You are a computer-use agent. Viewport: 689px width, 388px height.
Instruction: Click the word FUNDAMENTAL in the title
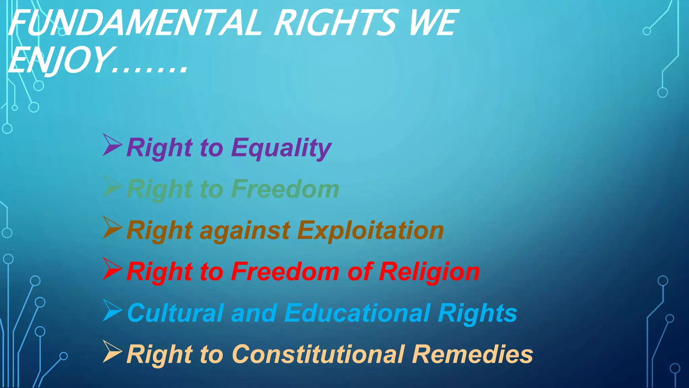(135, 23)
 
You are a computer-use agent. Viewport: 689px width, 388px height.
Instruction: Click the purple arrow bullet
(112, 145)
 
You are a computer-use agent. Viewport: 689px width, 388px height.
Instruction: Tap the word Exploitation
(370, 231)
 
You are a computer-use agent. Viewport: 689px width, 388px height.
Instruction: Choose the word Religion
(429, 272)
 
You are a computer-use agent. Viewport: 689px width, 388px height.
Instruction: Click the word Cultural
(175, 313)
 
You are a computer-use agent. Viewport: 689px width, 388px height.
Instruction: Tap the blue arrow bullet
(112, 310)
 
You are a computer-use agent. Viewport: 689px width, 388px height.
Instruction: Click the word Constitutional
(318, 354)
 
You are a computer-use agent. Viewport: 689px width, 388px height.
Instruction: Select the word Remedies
(472, 354)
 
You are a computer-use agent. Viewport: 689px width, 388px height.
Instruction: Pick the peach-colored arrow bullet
(112, 352)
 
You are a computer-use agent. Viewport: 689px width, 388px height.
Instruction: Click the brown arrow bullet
(112, 228)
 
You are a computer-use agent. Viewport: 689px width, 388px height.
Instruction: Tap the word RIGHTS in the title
(336, 23)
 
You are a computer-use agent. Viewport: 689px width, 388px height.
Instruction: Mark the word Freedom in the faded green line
(285, 189)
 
